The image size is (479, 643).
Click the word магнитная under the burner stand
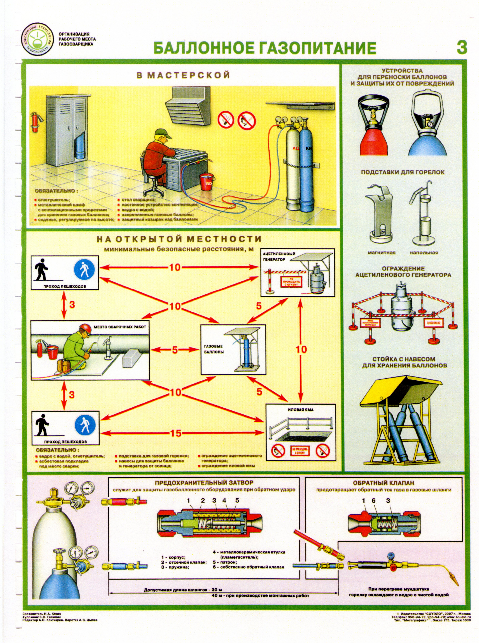381,252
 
